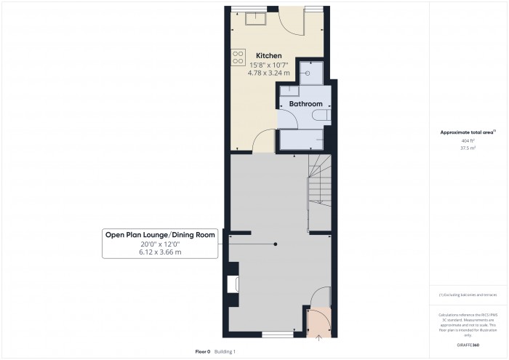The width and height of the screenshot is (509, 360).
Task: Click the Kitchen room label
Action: click(268, 56)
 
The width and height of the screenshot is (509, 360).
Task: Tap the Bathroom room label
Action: click(305, 104)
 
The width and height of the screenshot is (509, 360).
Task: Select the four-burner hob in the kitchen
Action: click(238, 57)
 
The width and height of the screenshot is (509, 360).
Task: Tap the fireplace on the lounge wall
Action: click(233, 284)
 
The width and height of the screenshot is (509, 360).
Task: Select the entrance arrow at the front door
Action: click(318, 335)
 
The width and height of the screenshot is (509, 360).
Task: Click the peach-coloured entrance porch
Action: click(318, 321)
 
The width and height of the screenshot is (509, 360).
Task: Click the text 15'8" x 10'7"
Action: click(268, 65)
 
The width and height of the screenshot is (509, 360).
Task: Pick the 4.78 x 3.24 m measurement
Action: click(268, 73)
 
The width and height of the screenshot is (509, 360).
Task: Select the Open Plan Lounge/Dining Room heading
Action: click(160, 234)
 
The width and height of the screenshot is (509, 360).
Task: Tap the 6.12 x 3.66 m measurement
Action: click(160, 252)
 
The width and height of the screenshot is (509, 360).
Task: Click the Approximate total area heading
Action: click(467, 132)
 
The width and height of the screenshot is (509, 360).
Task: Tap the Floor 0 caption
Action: click(202, 351)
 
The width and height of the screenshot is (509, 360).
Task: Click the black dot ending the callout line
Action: click(275, 244)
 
